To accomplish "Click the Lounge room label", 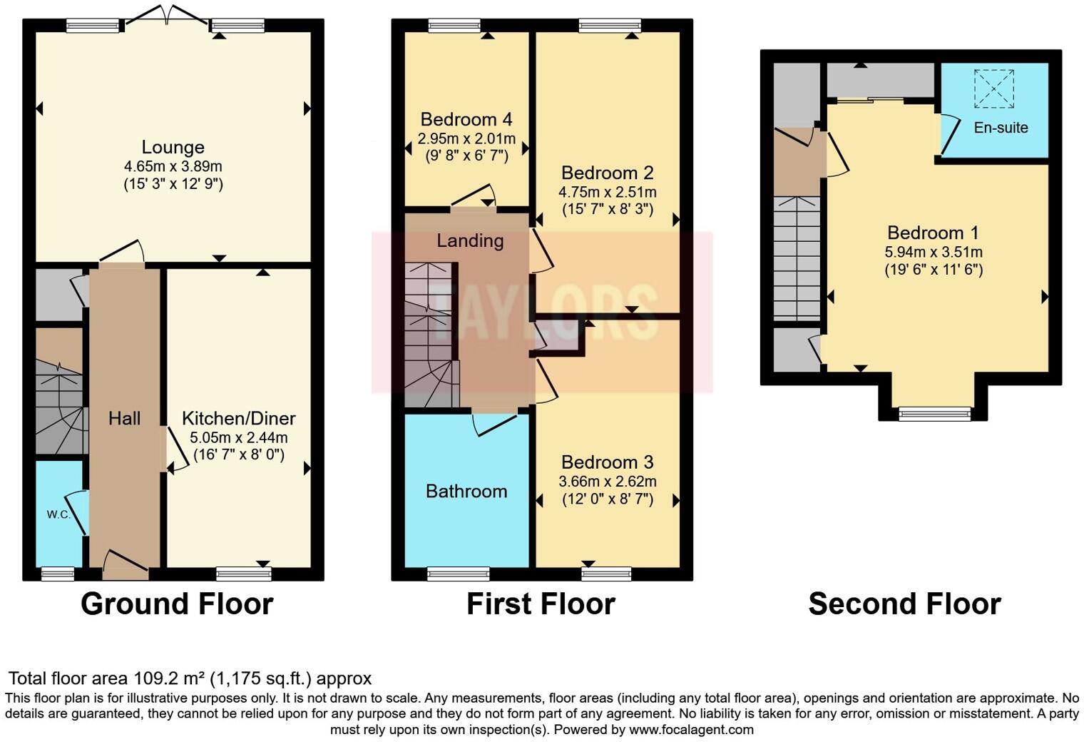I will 173,147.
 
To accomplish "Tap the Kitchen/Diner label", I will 238,418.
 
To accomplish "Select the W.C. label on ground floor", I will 58,514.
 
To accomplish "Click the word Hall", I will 124,418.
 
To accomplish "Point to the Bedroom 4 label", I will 466,119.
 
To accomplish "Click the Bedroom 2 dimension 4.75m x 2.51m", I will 607,192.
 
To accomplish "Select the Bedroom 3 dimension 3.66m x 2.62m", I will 607,482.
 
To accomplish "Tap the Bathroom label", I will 466,492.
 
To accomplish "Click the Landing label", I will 470,240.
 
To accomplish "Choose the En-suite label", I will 1001,128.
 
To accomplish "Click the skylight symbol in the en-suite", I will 993,88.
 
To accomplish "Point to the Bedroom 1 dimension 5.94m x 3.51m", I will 933,252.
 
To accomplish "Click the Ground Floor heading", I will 177,604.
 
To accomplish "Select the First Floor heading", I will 541,604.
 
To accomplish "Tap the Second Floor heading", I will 904,604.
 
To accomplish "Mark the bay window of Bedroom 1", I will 934,413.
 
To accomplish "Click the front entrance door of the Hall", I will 126,562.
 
